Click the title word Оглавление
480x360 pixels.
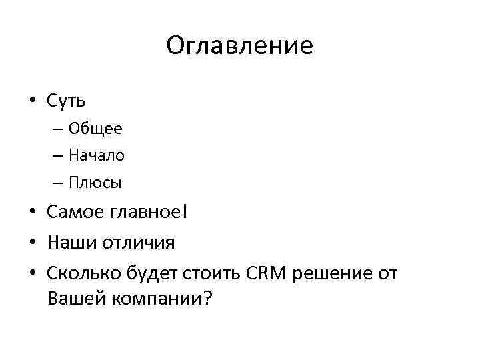coord(239,45)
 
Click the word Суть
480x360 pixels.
coord(67,101)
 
